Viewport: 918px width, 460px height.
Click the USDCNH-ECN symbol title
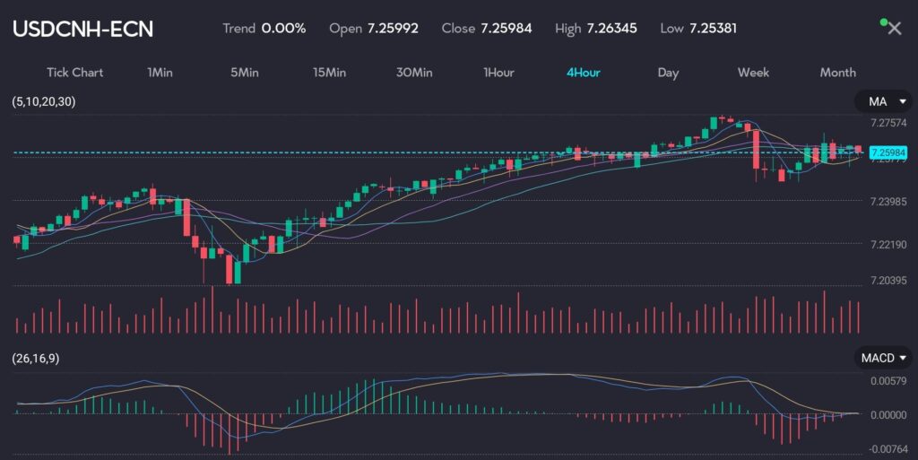coord(82,29)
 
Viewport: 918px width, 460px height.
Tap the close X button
coord(894,29)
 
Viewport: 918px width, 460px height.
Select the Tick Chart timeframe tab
coord(74,73)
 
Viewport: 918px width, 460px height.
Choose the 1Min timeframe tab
coord(160,73)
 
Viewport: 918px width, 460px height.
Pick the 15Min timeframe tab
coord(329,73)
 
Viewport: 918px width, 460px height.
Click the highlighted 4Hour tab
coord(583,73)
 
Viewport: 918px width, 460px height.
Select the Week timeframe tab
coord(753,73)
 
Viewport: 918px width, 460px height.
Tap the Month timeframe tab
coord(837,73)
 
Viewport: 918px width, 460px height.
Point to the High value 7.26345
coord(611,28)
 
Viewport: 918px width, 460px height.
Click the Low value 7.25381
coord(713,28)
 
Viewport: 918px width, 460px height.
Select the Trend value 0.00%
coord(283,28)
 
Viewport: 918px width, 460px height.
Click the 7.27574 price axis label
coord(888,122)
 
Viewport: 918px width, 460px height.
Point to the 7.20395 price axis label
coord(888,281)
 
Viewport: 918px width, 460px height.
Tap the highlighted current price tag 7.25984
coord(888,152)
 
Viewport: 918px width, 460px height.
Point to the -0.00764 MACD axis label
coord(888,448)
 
